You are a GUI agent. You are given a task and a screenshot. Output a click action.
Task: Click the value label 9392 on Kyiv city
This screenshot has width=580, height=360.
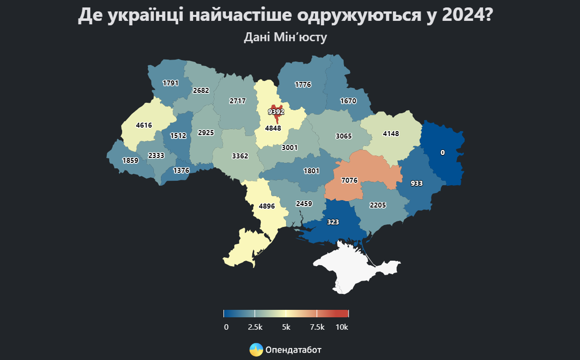pyautogui.click(x=276, y=112)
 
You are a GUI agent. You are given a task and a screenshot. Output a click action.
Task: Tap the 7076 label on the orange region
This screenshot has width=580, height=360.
pyautogui.click(x=350, y=180)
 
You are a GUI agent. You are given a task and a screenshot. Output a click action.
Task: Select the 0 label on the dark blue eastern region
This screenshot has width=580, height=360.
pyautogui.click(x=442, y=152)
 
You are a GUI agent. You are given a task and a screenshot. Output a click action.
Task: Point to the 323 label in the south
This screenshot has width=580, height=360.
pyautogui.click(x=333, y=222)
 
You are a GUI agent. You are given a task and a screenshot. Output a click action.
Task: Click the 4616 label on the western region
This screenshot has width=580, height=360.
pyautogui.click(x=144, y=125)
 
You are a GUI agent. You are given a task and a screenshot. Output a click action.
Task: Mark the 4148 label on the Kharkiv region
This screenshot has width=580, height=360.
pyautogui.click(x=391, y=133)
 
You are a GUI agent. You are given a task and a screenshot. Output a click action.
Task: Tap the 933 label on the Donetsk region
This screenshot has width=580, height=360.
pyautogui.click(x=417, y=183)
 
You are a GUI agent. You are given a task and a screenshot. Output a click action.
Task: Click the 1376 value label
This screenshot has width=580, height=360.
pyautogui.click(x=181, y=170)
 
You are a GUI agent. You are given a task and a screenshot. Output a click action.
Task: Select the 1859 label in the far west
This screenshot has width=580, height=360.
pyautogui.click(x=130, y=160)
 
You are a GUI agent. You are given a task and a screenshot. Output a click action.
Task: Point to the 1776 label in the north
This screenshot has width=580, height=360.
pyautogui.click(x=303, y=84)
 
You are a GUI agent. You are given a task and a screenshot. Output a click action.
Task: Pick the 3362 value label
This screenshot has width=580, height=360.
pyautogui.click(x=240, y=156)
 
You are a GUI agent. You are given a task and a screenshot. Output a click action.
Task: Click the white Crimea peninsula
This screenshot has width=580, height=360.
pyautogui.click(x=353, y=266)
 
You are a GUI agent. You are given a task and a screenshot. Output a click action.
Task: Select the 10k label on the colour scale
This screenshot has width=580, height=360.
pyautogui.click(x=342, y=327)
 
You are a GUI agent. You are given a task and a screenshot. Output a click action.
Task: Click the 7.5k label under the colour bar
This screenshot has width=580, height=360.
pyautogui.click(x=317, y=327)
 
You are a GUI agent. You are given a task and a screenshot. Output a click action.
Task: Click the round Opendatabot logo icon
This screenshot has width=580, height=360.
pyautogui.click(x=256, y=350)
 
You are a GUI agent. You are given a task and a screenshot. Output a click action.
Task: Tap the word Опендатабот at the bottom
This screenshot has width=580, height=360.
pyautogui.click(x=293, y=350)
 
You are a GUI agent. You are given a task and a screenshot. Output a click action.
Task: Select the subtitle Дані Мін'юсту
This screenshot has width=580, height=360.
pyautogui.click(x=286, y=37)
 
